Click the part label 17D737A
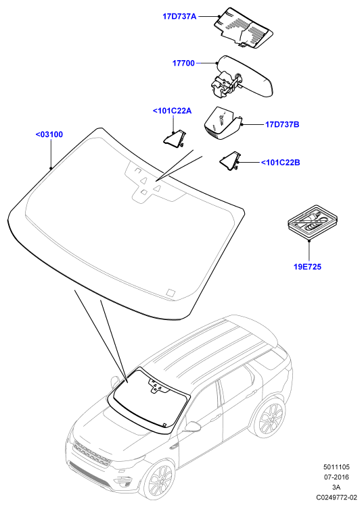pyautogui.click(x=179, y=16)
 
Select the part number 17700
pyautogui.click(x=183, y=63)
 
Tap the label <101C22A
pyautogui.click(x=172, y=111)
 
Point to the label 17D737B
pyautogui.click(x=282, y=124)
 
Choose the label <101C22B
pyautogui.click(x=281, y=162)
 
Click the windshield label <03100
pyautogui.click(x=49, y=134)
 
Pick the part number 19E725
pyautogui.click(x=308, y=267)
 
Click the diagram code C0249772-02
pyautogui.click(x=337, y=497)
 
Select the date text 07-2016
pyautogui.click(x=337, y=477)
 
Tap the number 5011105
pyautogui.click(x=337, y=467)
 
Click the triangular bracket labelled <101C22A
pyautogui.click(x=175, y=138)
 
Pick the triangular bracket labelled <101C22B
pyautogui.click(x=230, y=161)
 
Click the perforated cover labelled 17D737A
pyautogui.click(x=244, y=28)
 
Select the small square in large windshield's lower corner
pyautogui.click(x=170, y=292)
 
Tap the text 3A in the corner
pyautogui.click(x=337, y=487)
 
